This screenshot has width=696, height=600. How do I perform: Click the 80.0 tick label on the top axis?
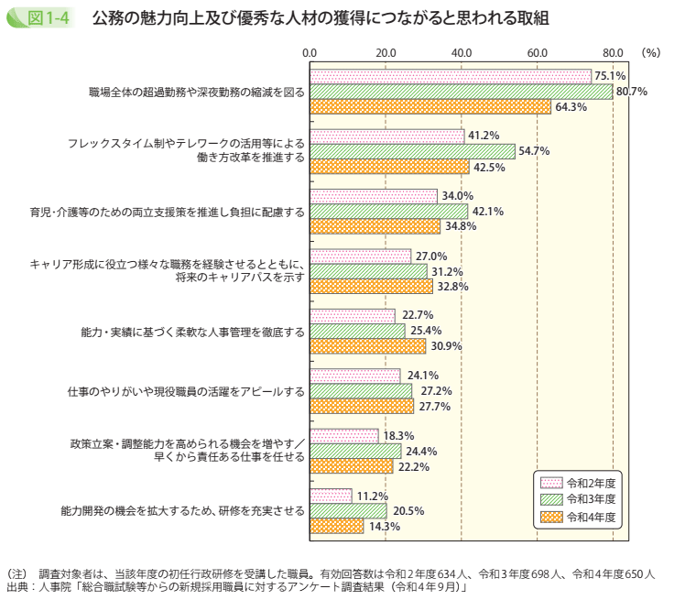pos(614,53)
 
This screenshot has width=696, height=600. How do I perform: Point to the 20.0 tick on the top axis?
pos(386,53)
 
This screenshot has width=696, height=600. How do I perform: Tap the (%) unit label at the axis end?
pos(650,53)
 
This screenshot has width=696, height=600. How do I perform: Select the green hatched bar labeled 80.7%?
pos(461,92)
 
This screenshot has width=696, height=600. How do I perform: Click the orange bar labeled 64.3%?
pos(430,106)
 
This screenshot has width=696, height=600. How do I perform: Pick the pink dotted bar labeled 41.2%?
pos(386,136)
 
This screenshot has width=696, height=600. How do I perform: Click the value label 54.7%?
pos(534,151)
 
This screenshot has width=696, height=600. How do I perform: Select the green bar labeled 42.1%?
pos(388,211)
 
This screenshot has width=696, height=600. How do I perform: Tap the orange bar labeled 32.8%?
pos(371,286)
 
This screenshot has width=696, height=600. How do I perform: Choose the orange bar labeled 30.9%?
pos(367,345)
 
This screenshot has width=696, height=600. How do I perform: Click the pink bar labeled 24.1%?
pos(354,376)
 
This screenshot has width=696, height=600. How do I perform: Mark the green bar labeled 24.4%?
pos(355,451)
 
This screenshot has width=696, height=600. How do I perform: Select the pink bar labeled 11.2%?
pos(331,496)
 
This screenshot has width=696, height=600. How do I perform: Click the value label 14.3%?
pos(384,526)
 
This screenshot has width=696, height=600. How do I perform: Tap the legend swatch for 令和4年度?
pos(550,518)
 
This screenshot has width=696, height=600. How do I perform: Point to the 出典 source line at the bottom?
pos(238,586)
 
